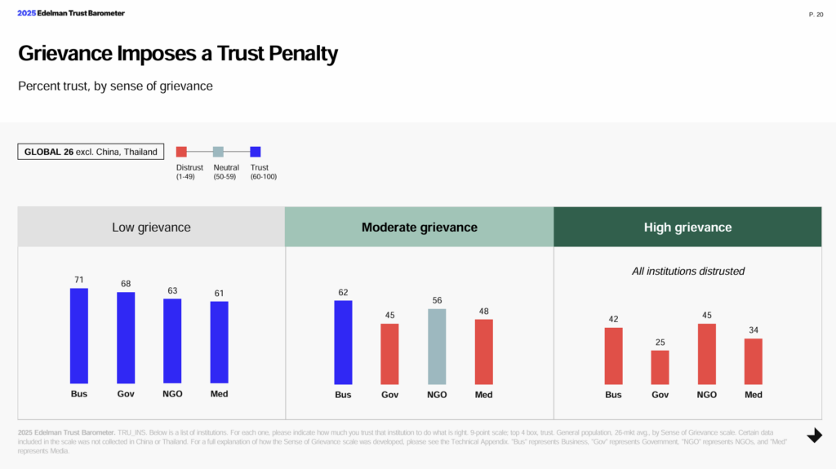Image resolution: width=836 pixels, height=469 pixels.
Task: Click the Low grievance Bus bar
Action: pyautogui.click(x=78, y=335)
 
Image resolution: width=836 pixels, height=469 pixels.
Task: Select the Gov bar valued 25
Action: pyautogui.click(x=660, y=367)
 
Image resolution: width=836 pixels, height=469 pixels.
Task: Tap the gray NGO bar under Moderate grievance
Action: pyautogui.click(x=437, y=346)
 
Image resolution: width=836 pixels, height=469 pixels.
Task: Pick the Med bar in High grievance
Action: pyautogui.click(x=754, y=361)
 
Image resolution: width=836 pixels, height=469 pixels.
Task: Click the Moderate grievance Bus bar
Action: pyautogui.click(x=343, y=342)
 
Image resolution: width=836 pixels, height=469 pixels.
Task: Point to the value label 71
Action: pyautogui.click(x=78, y=280)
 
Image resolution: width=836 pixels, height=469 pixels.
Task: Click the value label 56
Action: pyautogui.click(x=437, y=300)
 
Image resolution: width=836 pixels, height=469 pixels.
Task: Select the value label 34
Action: pyautogui.click(x=754, y=330)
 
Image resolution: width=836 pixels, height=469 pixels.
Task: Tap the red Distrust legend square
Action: pyautogui.click(x=182, y=152)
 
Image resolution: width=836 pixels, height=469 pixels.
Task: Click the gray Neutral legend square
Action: pyautogui.click(x=218, y=152)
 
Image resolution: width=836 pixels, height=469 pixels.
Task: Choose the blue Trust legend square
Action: pyautogui.click(x=255, y=152)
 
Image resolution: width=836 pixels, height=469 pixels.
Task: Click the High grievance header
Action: pyautogui.click(x=687, y=227)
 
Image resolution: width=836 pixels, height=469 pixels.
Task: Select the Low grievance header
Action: pyautogui.click(x=151, y=227)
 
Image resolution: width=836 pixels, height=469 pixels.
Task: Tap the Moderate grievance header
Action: pyautogui.click(x=419, y=227)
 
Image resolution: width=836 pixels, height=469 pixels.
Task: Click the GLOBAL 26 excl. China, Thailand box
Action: pyautogui.click(x=91, y=152)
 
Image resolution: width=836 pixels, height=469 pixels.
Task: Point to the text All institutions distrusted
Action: pyautogui.click(x=687, y=271)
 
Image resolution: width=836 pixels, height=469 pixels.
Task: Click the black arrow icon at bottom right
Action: pyautogui.click(x=814, y=436)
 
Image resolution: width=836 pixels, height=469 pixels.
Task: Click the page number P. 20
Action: pyautogui.click(x=816, y=14)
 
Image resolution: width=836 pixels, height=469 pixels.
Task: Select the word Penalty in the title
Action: pyautogui.click(x=296, y=55)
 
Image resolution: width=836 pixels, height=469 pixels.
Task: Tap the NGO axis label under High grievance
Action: pyautogui.click(x=706, y=395)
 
